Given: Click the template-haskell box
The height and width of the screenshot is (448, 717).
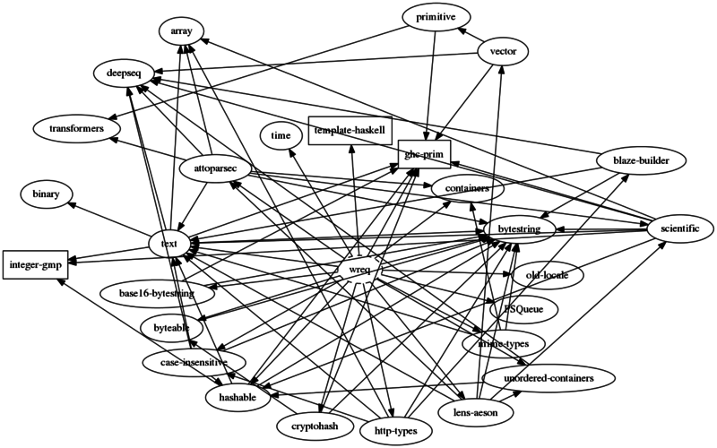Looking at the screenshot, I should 350,130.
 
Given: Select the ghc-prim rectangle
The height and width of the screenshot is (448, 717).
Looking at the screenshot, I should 425,154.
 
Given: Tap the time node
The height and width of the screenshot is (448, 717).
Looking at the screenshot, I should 280,135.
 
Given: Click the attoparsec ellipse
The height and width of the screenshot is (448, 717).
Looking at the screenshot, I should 214,168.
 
